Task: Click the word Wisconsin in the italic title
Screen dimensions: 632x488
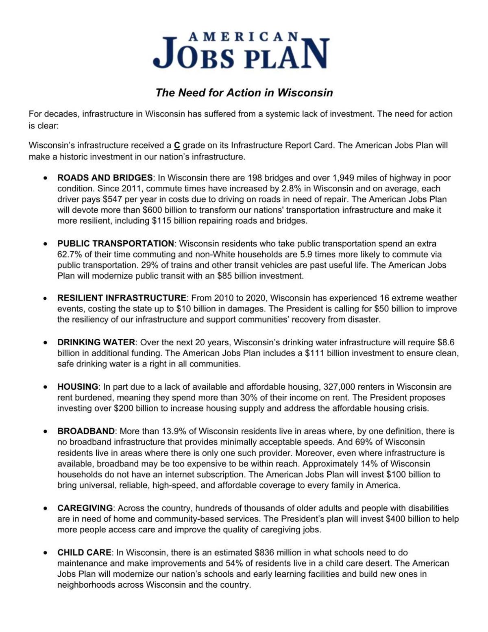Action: click(305, 93)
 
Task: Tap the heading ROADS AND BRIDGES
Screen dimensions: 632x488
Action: click(105, 178)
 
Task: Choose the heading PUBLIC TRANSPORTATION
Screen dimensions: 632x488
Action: click(115, 244)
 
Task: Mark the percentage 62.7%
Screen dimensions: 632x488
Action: click(70, 255)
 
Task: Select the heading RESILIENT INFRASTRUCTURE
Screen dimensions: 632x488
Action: click(122, 298)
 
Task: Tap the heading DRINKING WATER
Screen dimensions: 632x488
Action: click(96, 342)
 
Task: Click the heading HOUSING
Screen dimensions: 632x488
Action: click(78, 387)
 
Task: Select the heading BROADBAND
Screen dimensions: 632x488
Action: click(86, 431)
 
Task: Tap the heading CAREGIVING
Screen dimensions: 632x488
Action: click(85, 508)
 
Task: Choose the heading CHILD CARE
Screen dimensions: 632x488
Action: click(84, 553)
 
